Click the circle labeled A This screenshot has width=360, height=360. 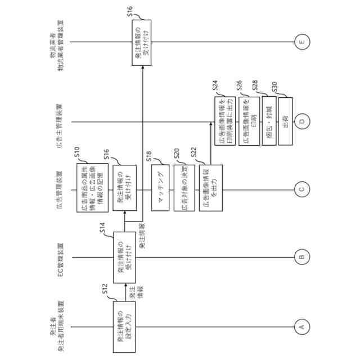(301, 326)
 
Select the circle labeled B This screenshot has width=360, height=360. (301, 258)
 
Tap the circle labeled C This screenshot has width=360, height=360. (301, 189)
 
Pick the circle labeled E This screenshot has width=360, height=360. (301, 42)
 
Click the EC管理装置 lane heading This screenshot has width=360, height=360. (61, 258)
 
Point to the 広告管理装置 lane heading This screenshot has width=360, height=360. (61, 189)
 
